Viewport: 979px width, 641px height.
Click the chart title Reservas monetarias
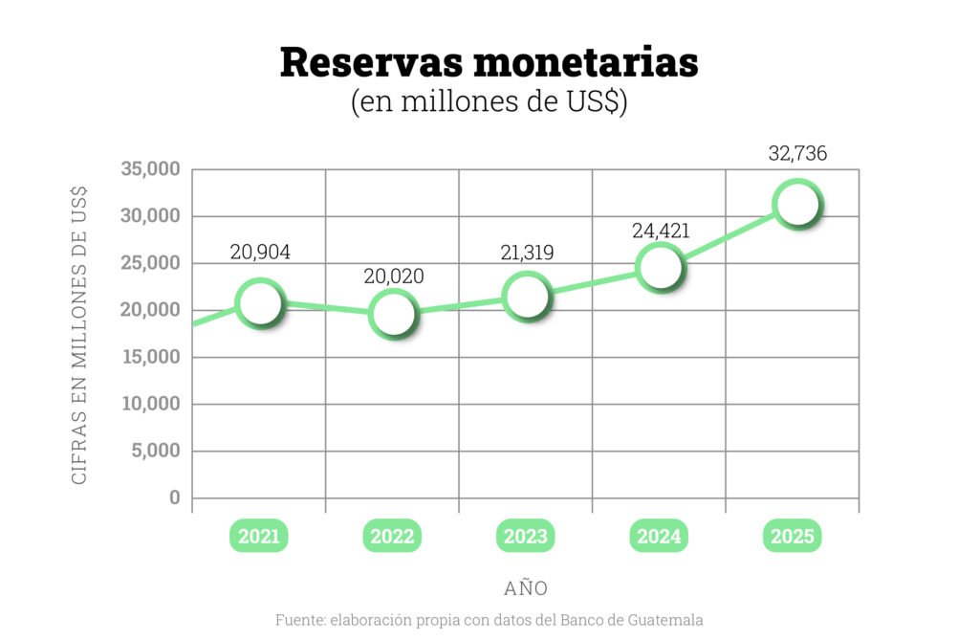489,62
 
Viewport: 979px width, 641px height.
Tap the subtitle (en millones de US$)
489,101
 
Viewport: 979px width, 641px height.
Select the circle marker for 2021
259,303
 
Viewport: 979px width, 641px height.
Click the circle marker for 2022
393,314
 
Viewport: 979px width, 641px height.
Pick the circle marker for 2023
527,297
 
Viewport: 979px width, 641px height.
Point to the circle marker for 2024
660,266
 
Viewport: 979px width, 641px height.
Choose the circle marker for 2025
795,204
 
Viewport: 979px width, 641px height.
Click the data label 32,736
797,153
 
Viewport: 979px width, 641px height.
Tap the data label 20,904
260,253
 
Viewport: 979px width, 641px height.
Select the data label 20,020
393,276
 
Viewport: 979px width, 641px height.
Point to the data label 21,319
527,253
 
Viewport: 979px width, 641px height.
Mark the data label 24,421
661,231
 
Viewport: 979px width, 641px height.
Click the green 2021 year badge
259,537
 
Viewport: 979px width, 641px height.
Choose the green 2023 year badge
527,537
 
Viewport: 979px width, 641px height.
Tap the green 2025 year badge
794,537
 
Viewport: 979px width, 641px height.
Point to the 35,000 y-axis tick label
151,169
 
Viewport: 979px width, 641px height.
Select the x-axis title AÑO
526,586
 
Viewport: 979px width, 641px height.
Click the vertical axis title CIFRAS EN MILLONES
80,335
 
